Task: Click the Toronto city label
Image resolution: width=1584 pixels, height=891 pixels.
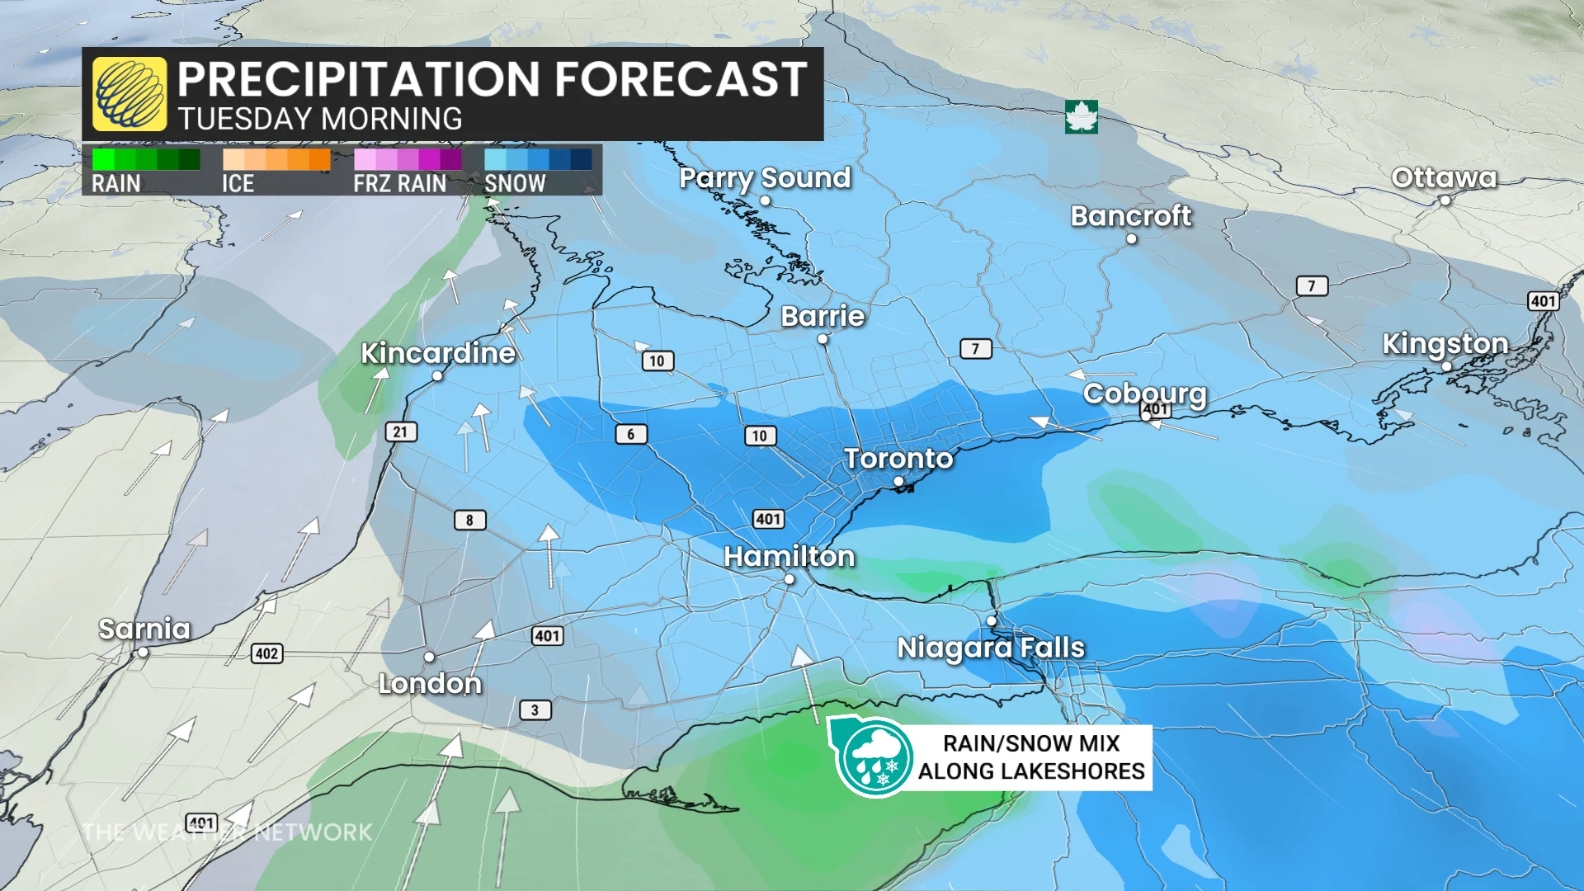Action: tap(898, 459)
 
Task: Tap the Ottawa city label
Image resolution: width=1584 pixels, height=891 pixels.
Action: tap(1444, 177)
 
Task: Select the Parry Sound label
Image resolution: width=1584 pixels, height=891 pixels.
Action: tap(765, 177)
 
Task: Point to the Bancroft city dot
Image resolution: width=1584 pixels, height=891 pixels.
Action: tap(1132, 239)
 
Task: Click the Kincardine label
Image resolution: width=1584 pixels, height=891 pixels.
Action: tap(438, 353)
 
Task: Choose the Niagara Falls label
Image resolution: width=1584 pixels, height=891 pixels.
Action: tap(991, 648)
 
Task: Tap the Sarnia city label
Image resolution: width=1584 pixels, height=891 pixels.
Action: tap(144, 629)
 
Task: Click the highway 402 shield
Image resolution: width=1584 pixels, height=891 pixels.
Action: tap(266, 653)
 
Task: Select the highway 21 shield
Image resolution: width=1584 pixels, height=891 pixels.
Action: tap(400, 431)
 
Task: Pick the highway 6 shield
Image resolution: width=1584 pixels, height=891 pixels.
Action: tap(631, 434)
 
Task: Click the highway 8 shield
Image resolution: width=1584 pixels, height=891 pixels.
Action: tap(469, 520)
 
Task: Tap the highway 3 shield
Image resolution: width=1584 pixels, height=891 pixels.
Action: tap(535, 709)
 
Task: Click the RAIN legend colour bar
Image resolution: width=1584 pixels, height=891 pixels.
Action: tap(146, 159)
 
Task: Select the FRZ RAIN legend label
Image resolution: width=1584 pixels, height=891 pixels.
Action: tap(399, 183)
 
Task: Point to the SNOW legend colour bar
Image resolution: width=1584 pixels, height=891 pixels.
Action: tap(538, 159)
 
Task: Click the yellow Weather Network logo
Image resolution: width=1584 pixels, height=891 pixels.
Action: tap(130, 94)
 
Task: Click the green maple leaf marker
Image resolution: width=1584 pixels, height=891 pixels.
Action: tap(1081, 117)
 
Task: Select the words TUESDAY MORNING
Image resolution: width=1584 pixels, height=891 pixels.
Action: tap(320, 120)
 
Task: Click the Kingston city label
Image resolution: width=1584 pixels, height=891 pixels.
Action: tap(1445, 343)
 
